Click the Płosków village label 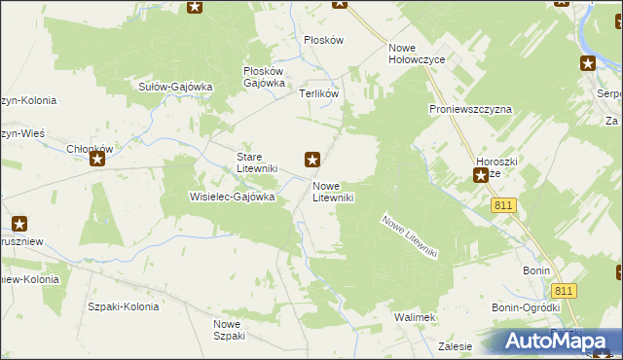(x=324, y=40)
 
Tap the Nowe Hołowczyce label (x=416, y=54)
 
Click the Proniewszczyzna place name (x=470, y=110)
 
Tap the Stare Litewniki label (x=258, y=162)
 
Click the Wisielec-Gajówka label (x=232, y=196)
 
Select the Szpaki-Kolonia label (x=123, y=306)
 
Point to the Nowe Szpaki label (x=230, y=330)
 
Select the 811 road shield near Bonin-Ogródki (x=564, y=291)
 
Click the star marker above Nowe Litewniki (x=312, y=159)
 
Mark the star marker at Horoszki (x=481, y=176)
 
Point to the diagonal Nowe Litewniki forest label (x=411, y=235)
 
